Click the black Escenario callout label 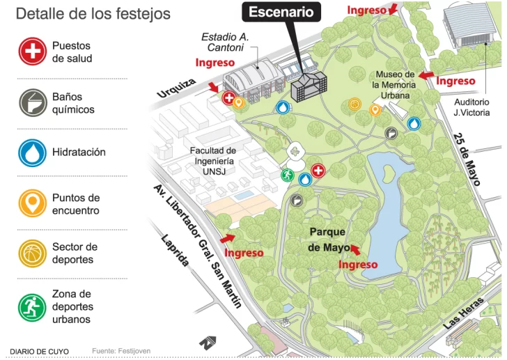281,12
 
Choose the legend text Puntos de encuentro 76,204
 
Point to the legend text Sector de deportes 75,253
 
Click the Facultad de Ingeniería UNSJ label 212,159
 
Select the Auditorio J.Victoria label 471,107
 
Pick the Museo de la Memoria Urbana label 394,84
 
